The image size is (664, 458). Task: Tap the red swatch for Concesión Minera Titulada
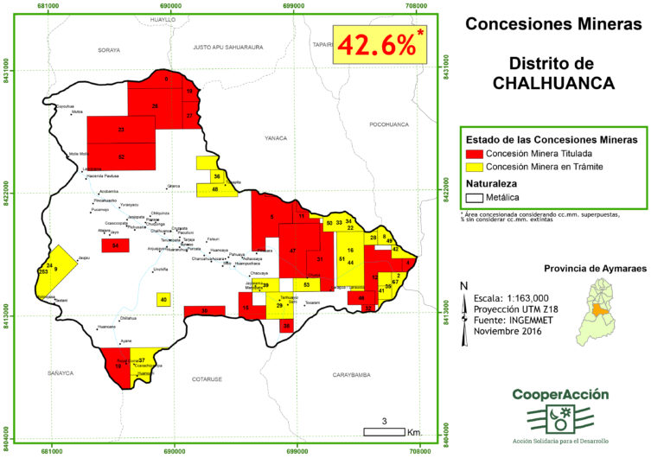474,153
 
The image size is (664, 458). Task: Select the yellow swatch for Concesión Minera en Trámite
474,167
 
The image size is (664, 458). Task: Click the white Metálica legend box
474,198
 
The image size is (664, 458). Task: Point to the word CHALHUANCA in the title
553,84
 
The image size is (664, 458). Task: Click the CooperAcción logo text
559,395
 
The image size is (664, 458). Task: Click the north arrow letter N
464,286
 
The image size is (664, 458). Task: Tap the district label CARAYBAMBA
357,375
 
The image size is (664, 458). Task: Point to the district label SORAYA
109,50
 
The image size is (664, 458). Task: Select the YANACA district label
276,137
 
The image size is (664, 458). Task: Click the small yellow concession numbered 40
163,299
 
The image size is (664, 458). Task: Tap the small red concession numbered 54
115,245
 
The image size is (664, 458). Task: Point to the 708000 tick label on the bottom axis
419,451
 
